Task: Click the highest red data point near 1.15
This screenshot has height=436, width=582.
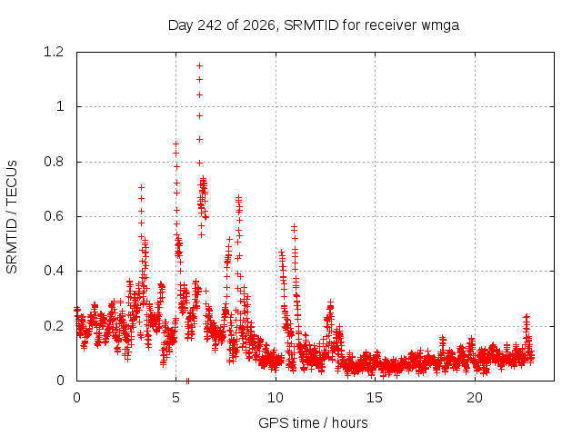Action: (x=199, y=66)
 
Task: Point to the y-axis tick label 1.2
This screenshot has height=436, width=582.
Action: (x=54, y=52)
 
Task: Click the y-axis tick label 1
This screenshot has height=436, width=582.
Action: (x=60, y=107)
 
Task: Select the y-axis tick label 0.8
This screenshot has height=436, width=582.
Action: (x=54, y=162)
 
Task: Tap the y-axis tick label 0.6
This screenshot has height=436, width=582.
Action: (x=54, y=216)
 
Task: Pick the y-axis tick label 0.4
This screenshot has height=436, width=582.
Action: (x=54, y=271)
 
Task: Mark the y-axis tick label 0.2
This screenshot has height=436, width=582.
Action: (x=54, y=326)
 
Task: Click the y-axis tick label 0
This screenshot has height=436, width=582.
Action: (x=60, y=381)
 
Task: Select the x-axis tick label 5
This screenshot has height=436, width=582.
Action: (x=176, y=398)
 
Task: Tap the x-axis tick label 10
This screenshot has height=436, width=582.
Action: (x=276, y=398)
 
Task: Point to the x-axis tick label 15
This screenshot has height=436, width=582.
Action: (x=375, y=398)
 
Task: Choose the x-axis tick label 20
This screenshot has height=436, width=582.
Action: (x=475, y=398)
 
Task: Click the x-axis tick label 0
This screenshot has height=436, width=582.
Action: (x=76, y=398)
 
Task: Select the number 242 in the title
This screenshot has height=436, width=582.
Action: (x=210, y=25)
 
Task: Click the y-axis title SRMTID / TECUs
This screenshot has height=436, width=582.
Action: (x=12, y=217)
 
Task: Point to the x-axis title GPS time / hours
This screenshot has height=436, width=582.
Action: (x=313, y=422)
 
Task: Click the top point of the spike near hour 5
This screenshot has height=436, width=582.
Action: (x=176, y=144)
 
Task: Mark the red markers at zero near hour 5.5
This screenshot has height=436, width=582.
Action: (x=187, y=381)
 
